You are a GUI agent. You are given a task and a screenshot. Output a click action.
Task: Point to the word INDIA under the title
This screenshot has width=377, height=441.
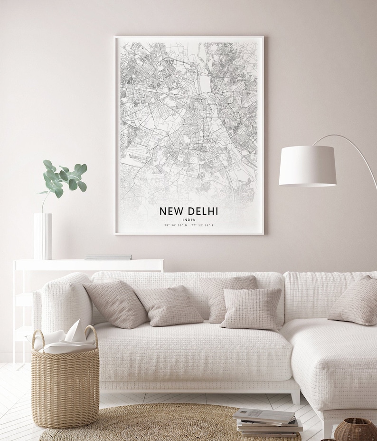pos(188,219)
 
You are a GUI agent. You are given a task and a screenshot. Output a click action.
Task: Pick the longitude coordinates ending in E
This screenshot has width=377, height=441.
pos(203,225)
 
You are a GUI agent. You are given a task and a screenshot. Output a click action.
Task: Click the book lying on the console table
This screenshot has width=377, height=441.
pos(108,257)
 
